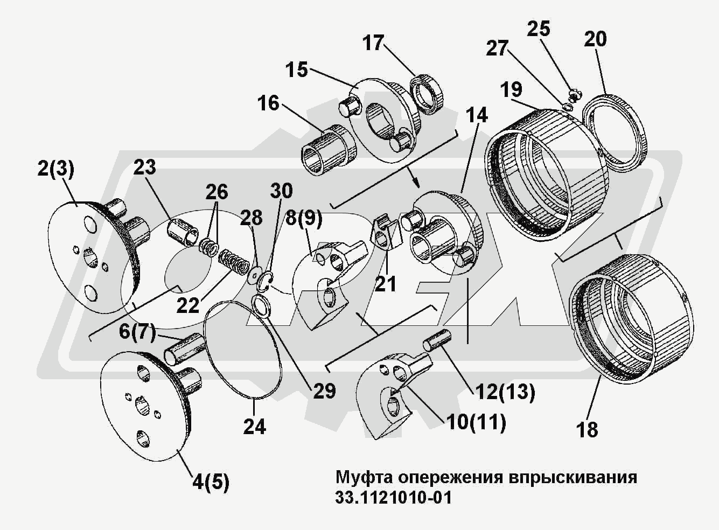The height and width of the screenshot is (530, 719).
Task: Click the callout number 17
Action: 373,43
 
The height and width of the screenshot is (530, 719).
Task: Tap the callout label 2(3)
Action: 55,169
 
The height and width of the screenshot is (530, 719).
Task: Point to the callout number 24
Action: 254,426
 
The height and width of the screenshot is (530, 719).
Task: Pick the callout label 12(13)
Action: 504,393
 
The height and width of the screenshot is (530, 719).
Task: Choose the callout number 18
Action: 587,429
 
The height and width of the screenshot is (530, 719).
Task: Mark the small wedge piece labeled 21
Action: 387,232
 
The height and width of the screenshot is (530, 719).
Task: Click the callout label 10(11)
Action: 476,423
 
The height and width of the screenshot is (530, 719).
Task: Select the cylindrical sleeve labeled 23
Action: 183,233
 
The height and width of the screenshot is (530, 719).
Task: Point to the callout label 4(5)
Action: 211,483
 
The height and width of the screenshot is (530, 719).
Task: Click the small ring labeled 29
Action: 262,305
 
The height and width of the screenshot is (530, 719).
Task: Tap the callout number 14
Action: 477,115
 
